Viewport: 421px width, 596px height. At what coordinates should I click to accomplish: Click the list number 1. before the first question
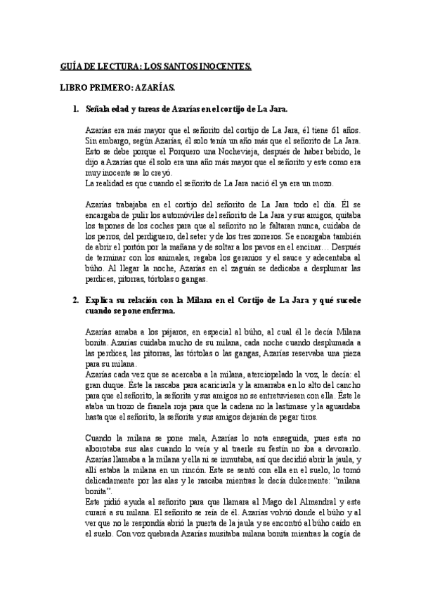(x=77, y=110)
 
